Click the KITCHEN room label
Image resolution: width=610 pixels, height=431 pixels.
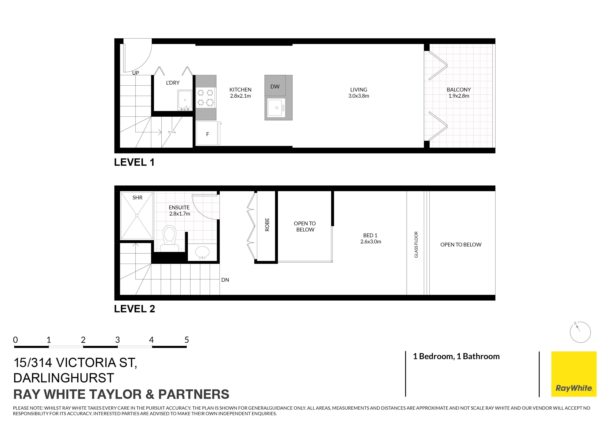241,90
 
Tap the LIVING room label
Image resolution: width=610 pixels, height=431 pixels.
359,90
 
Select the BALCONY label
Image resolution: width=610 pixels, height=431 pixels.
459,90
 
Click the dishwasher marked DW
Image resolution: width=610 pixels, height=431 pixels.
275,86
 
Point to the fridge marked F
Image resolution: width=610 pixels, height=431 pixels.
207,133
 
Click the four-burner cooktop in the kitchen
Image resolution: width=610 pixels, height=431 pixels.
206,97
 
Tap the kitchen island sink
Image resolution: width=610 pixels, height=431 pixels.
276,107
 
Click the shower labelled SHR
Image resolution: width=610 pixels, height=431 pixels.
137,216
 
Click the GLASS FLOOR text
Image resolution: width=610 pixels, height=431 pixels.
416,245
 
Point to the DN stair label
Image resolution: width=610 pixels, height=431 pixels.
225,280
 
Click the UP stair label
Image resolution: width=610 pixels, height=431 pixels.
136,73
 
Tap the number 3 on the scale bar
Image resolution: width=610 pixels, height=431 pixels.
117,340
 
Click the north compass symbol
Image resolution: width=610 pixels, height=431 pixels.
580,332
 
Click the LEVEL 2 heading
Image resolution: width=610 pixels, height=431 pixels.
134,309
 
